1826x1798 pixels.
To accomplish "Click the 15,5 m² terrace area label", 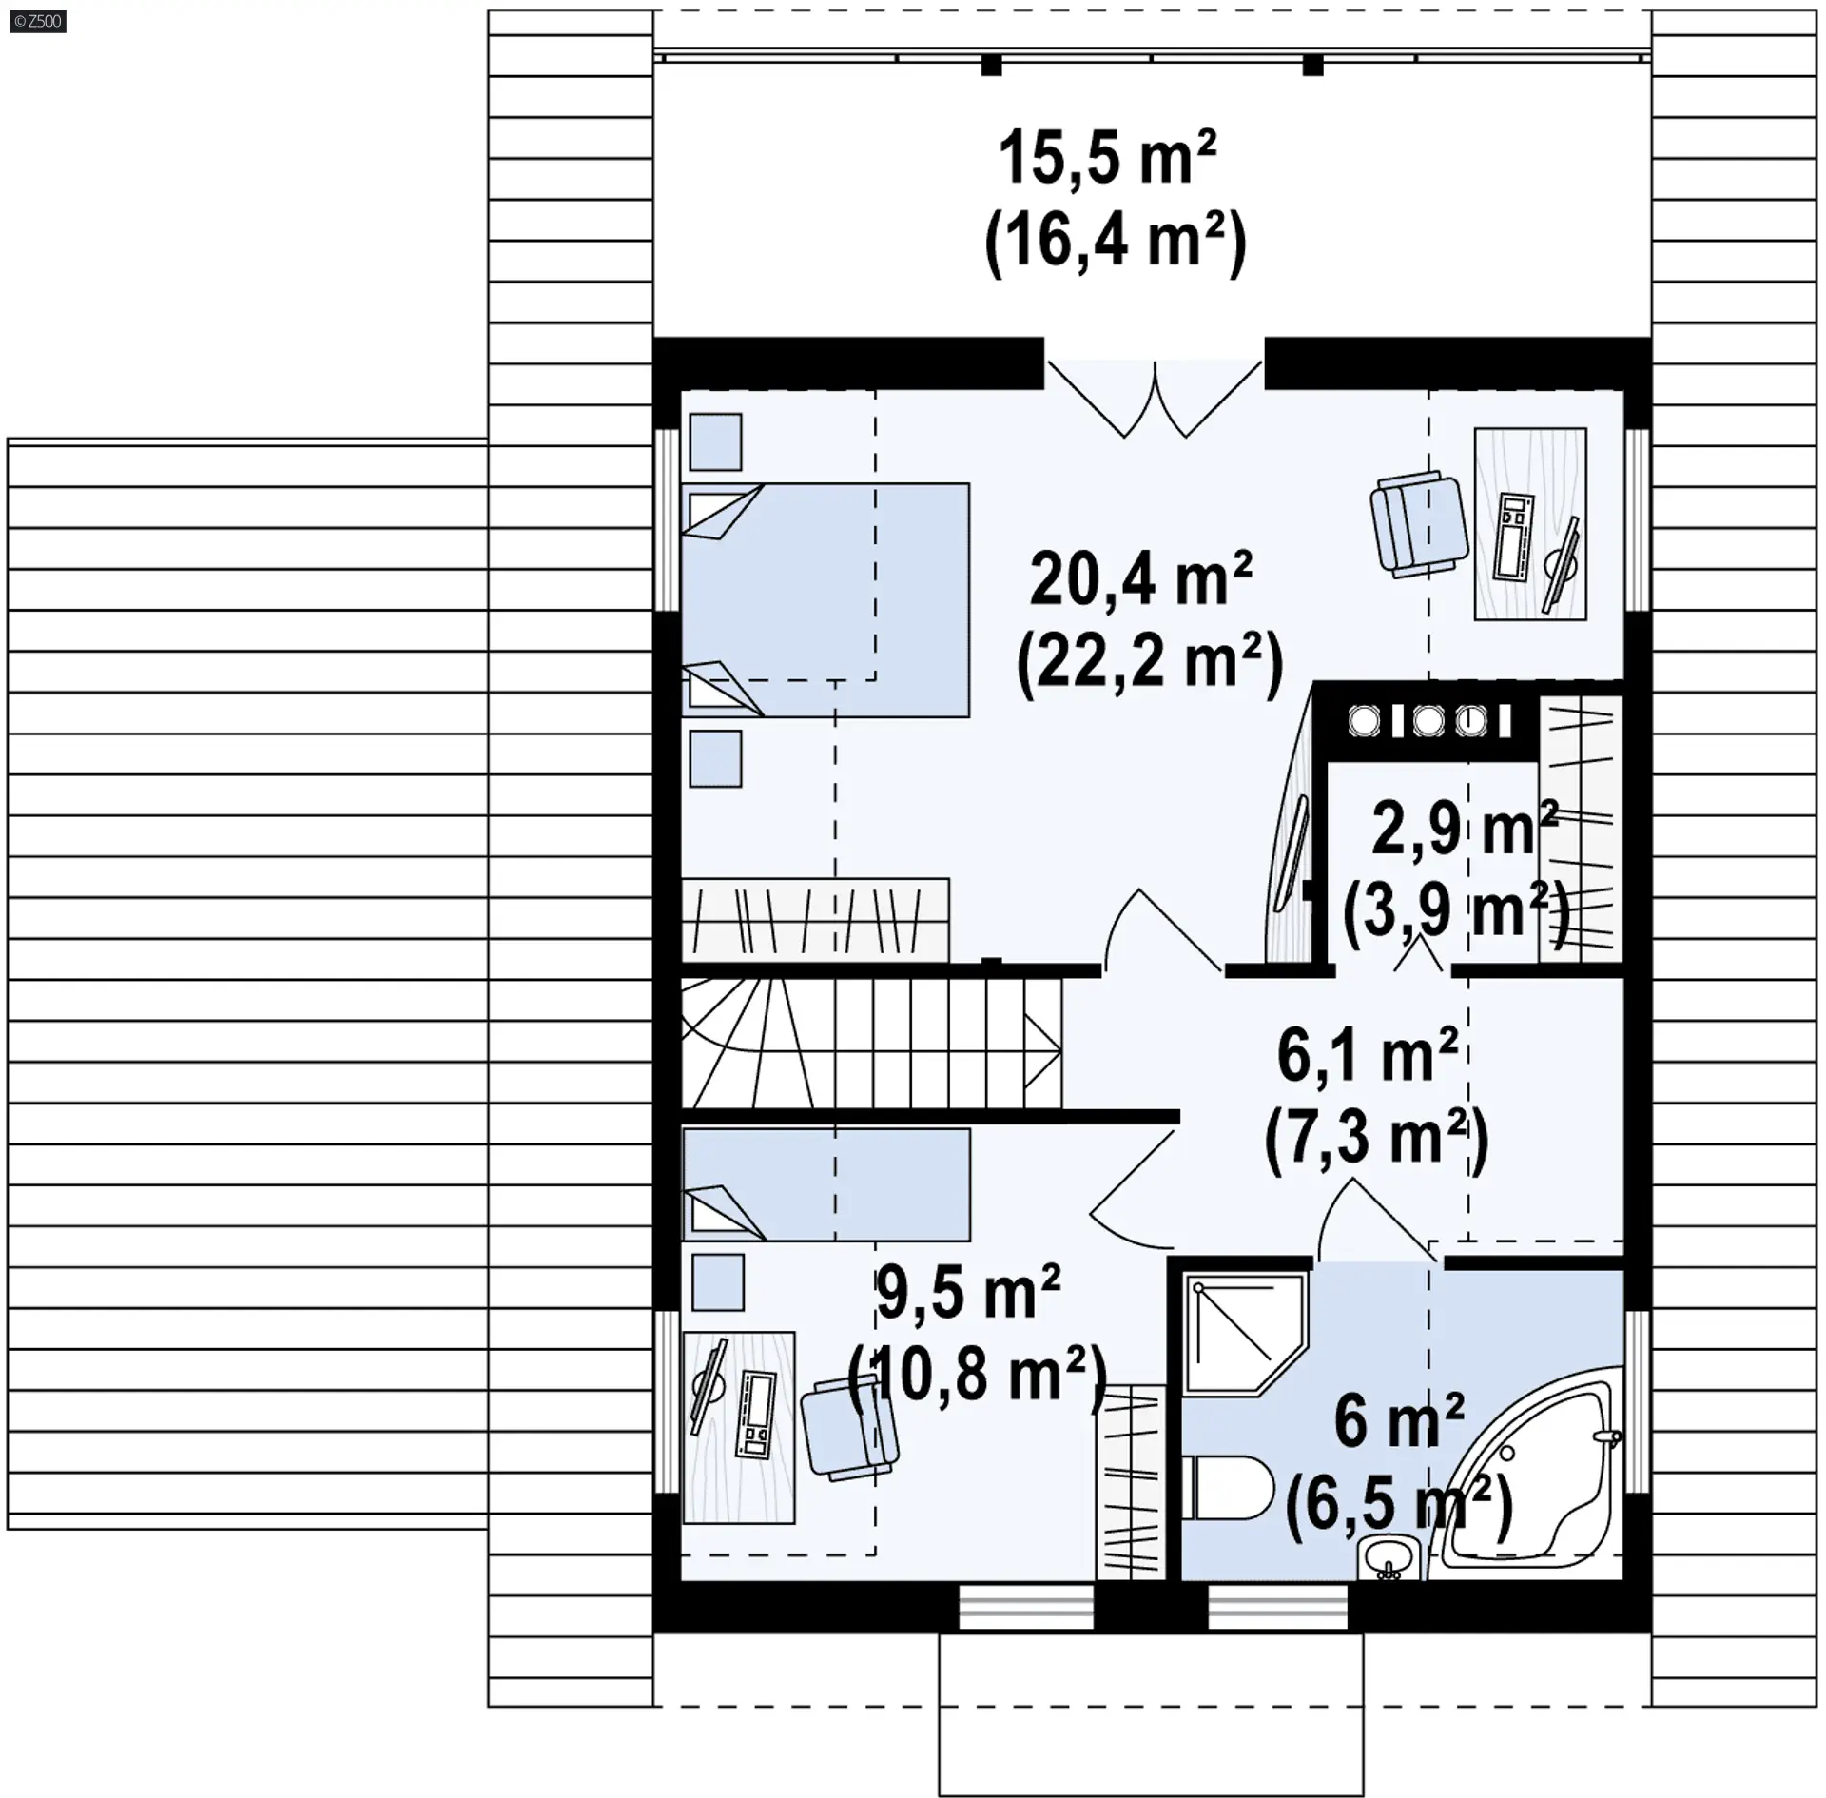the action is coord(1107,160).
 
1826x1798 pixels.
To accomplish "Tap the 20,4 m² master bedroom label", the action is coord(1140,579).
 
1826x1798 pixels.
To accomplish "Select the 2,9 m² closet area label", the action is coord(1464,830).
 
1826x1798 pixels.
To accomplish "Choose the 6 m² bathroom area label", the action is coord(1398,1421).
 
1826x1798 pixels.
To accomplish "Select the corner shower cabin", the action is coord(1245,1338).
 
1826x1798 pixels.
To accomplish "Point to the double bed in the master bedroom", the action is coord(826,600).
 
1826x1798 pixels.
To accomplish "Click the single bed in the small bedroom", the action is coord(826,1184).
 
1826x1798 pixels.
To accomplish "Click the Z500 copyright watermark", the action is coord(38,21).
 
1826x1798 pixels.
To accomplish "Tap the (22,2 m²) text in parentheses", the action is coord(1151,660).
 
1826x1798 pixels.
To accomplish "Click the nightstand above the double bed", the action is coord(715,441).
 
